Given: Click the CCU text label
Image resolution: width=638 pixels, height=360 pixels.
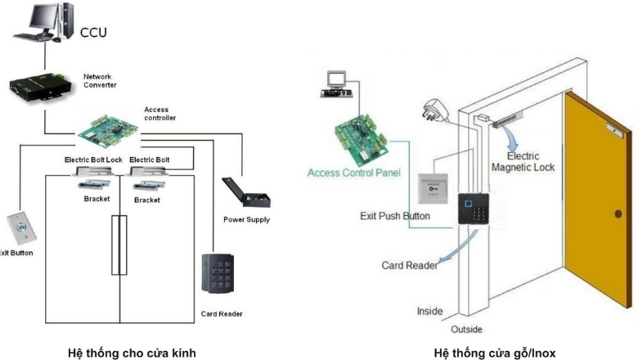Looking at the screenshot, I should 93,33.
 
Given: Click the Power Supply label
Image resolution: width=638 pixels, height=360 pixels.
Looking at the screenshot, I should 246,219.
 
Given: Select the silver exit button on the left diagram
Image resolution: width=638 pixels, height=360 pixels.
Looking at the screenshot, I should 19,226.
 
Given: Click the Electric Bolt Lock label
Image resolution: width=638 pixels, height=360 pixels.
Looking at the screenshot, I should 94,160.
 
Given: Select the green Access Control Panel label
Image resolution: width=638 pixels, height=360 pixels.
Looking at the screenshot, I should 350,173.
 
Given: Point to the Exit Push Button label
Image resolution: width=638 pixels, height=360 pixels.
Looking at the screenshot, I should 395,216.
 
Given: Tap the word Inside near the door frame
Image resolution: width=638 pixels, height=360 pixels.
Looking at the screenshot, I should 429,311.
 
